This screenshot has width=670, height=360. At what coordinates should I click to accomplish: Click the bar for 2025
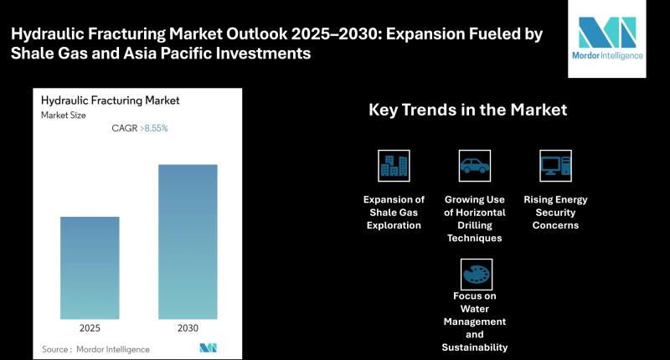tap(90, 268)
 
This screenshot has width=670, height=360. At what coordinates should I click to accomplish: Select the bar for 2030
tap(188, 242)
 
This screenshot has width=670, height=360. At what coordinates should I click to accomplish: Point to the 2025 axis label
tap(90, 328)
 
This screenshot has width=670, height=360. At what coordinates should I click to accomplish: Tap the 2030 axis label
tap(188, 328)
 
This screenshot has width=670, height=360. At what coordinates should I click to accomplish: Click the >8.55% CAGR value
tap(154, 128)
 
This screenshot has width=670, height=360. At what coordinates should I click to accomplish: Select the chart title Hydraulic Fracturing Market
tap(111, 100)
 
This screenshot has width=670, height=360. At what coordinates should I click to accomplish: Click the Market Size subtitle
tap(64, 116)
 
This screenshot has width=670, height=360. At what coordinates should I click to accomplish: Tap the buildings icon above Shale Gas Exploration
tap(394, 166)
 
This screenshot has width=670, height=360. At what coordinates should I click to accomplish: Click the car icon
tap(475, 166)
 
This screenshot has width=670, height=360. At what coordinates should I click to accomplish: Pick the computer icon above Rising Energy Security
tap(555, 166)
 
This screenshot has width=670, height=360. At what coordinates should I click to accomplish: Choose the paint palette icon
tap(477, 274)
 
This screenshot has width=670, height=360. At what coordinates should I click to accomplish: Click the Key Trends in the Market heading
tap(468, 110)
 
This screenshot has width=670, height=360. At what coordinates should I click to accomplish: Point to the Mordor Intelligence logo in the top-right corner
tap(607, 39)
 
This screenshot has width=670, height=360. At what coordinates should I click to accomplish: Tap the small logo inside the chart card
tap(208, 348)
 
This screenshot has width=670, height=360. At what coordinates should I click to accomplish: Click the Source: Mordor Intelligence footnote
tap(95, 349)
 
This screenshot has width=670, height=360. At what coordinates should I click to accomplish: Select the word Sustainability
tap(475, 347)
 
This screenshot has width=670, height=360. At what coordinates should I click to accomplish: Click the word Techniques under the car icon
tap(475, 239)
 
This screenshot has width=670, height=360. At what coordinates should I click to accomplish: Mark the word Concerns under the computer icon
tap(555, 225)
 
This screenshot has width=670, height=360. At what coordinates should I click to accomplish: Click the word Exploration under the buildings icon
tap(394, 225)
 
